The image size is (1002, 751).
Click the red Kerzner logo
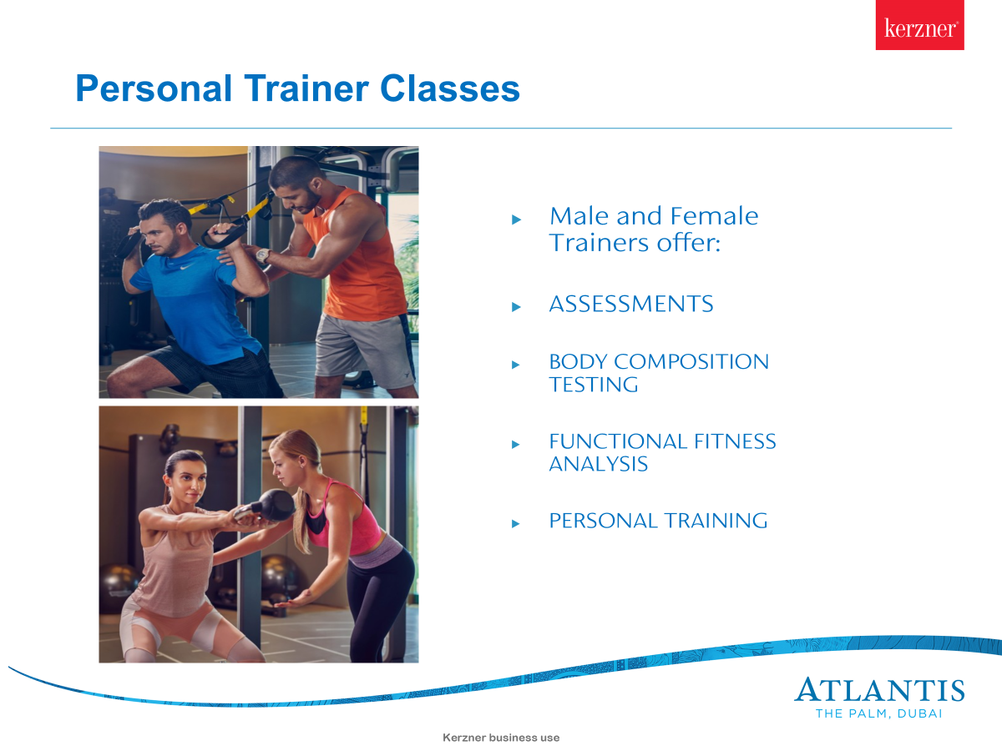(919, 25)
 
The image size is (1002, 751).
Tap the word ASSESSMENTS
(631, 304)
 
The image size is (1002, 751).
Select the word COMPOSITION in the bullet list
(691, 361)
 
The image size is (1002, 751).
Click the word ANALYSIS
(598, 464)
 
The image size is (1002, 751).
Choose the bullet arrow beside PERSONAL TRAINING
(516, 523)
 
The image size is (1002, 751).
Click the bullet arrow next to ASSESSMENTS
(516, 307)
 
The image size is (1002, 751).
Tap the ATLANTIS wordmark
(879, 689)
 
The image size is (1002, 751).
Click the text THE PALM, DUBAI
(878, 713)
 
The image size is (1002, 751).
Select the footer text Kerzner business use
(501, 738)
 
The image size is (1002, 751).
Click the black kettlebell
(273, 505)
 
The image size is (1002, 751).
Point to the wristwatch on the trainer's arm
(262, 255)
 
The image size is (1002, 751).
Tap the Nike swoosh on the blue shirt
(186, 267)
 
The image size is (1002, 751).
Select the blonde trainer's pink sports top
(342, 517)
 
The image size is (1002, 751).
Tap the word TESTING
(594, 385)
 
